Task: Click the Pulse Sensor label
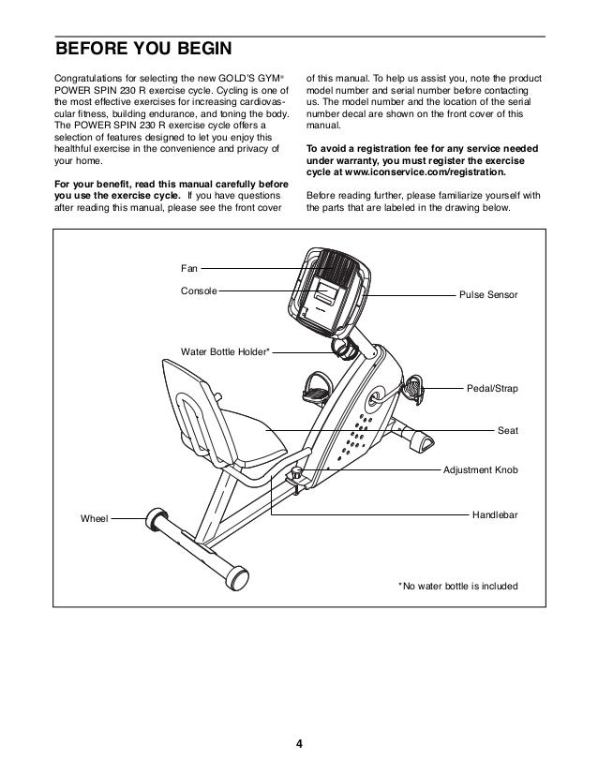click(x=487, y=295)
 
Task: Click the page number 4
click(x=299, y=745)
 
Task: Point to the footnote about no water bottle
click(x=458, y=587)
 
